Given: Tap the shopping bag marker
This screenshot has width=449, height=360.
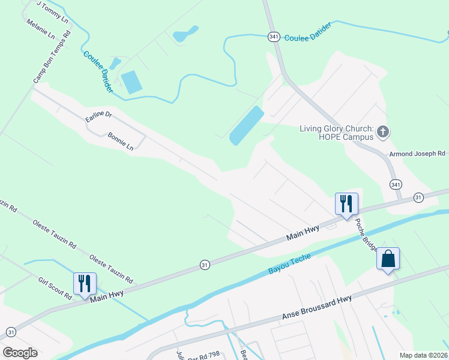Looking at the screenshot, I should (388, 259).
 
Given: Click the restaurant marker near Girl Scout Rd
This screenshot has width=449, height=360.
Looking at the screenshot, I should (84, 283).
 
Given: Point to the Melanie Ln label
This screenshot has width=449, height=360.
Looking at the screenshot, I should (41, 28).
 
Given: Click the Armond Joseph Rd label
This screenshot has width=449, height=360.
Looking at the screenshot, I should (417, 154).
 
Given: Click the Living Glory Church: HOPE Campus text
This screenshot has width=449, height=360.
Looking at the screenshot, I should (337, 133).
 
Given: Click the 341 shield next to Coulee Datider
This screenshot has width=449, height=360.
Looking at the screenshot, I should (274, 37).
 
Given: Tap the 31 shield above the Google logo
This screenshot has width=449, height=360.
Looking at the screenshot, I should (11, 332).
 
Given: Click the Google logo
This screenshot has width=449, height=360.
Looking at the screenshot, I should (20, 352).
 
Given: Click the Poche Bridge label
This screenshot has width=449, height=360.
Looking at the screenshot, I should (366, 233).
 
